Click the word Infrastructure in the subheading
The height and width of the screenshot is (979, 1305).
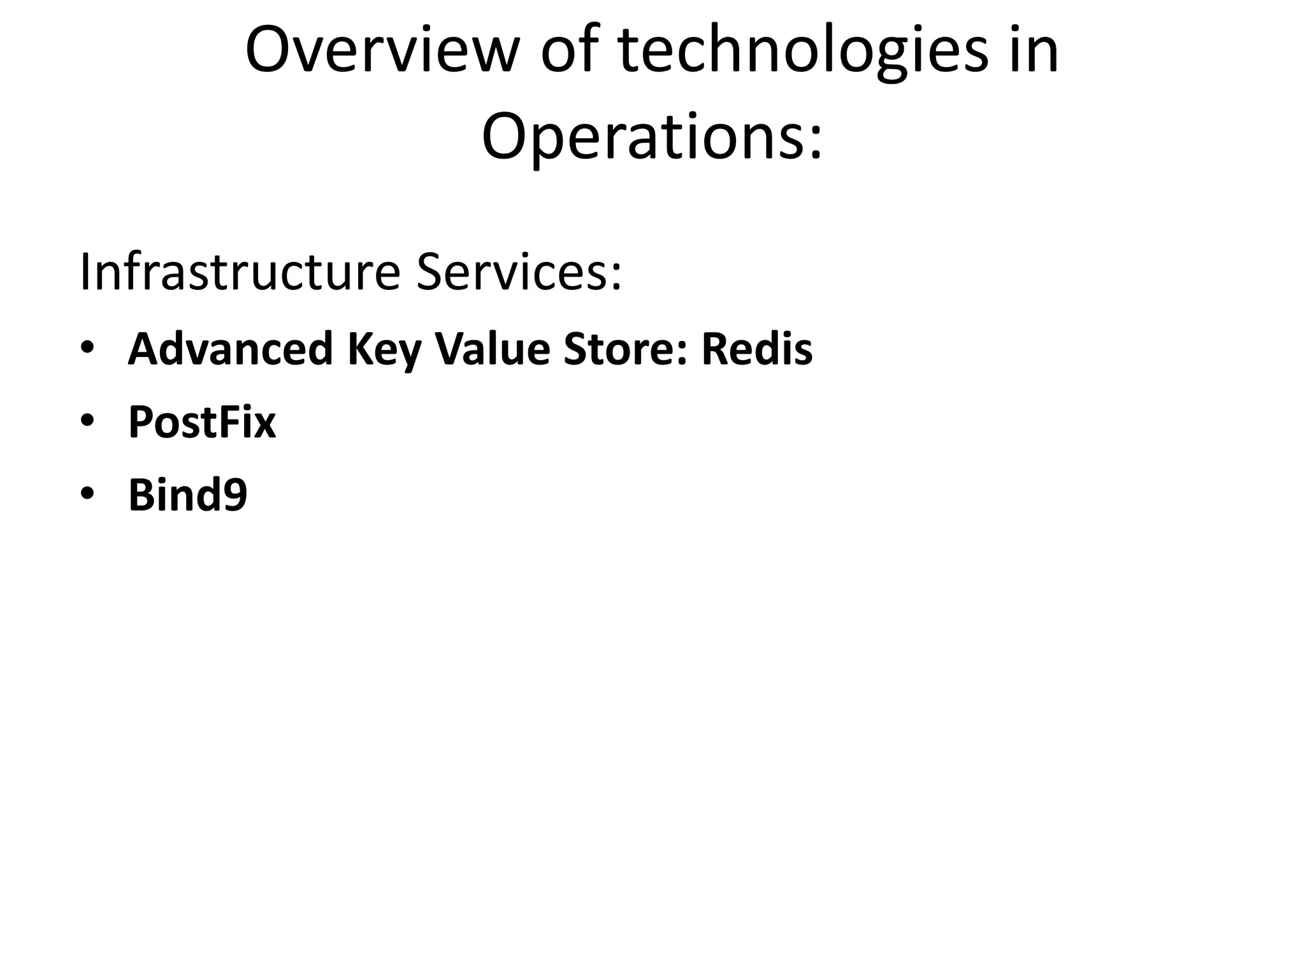[x=240, y=272]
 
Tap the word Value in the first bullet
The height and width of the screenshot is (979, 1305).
[x=492, y=349]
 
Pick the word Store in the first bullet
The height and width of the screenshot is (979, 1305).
[x=621, y=349]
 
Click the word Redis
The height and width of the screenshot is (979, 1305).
[x=757, y=349]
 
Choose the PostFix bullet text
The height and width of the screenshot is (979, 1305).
[x=202, y=422]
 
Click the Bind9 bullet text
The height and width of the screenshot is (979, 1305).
[x=187, y=495]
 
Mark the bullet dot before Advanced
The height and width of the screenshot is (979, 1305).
[x=87, y=348]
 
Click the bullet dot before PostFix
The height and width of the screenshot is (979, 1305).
[x=87, y=421]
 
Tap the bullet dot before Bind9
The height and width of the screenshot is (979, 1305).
[x=87, y=493]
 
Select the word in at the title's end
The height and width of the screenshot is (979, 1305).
[x=1036, y=51]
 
